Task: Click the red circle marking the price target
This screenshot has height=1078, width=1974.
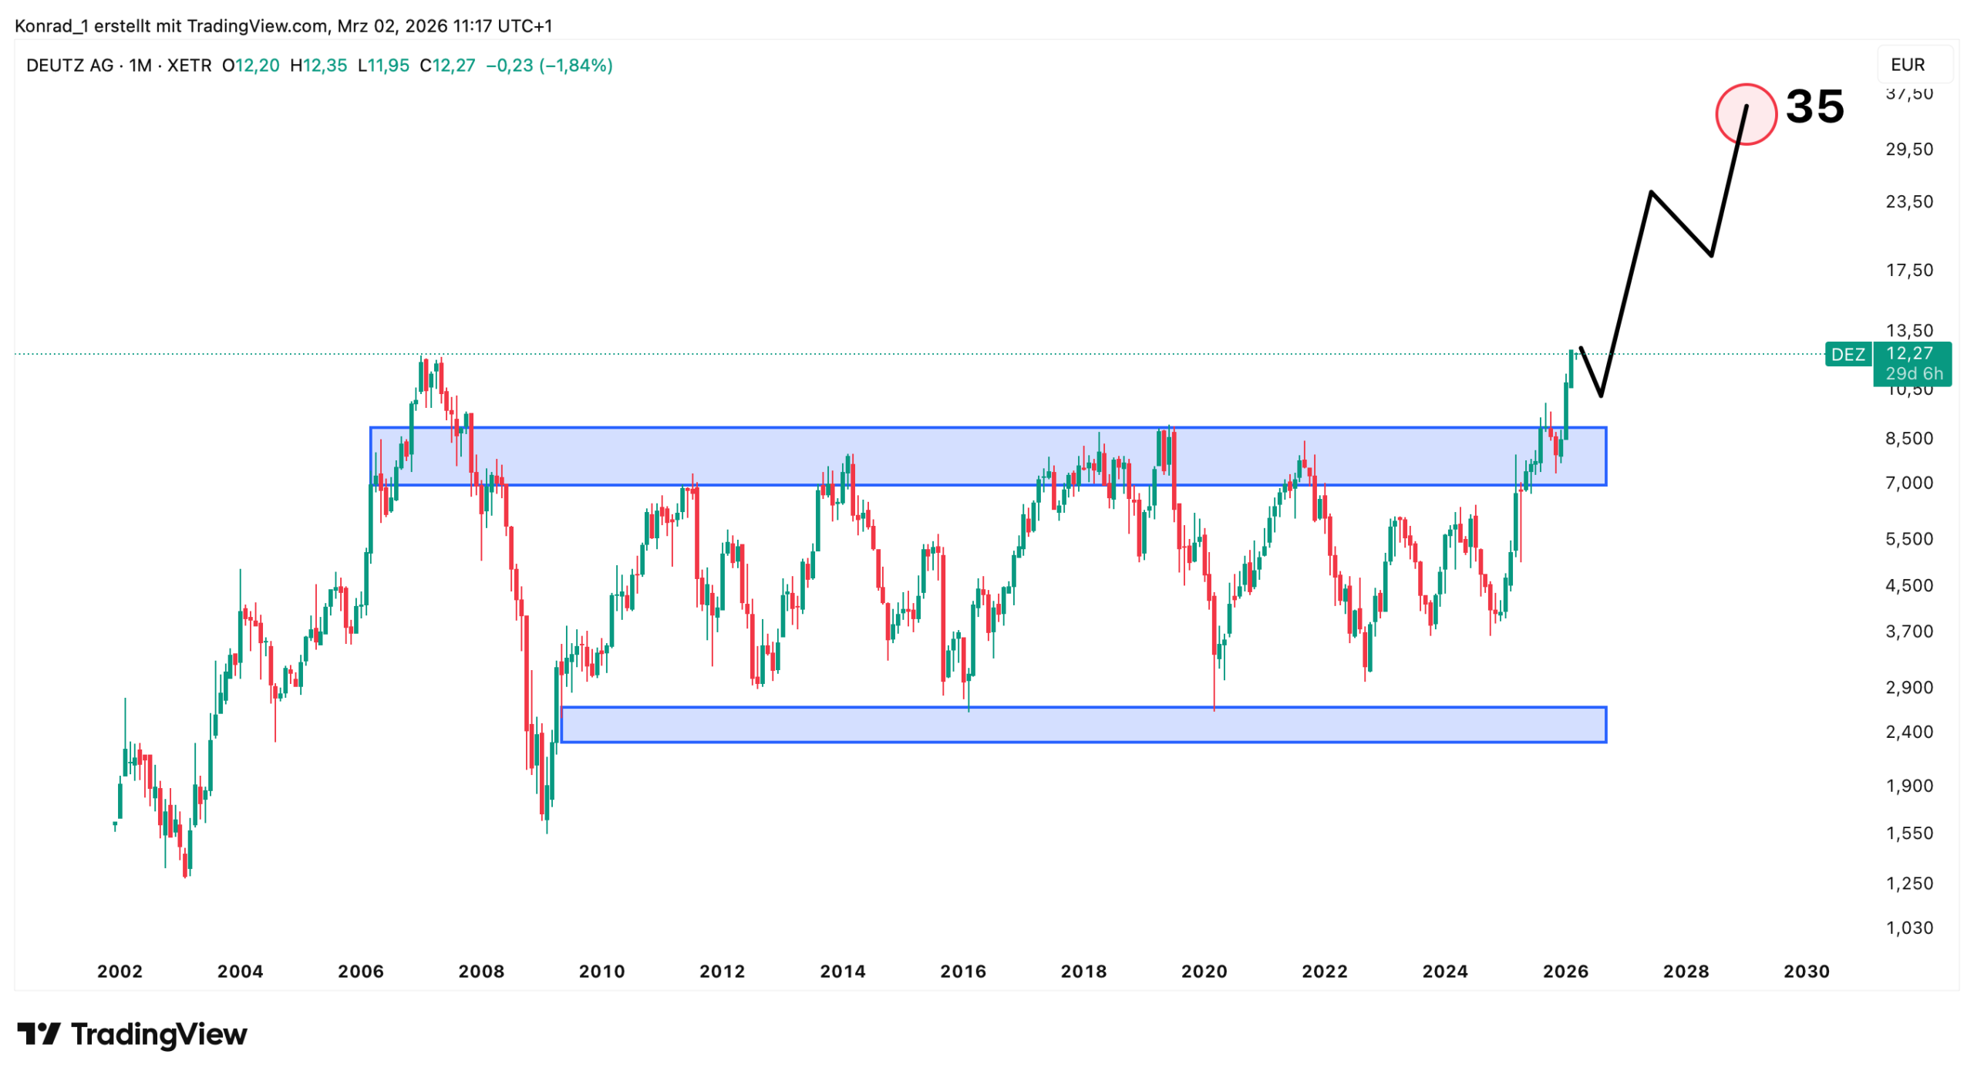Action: click(1745, 114)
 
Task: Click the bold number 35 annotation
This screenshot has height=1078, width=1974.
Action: click(1814, 106)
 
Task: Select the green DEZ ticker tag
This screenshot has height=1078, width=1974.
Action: click(1848, 354)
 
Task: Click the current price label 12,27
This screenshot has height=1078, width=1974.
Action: click(1909, 353)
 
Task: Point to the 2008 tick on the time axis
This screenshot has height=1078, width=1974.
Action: click(481, 971)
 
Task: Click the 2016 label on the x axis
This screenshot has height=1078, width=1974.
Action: click(962, 971)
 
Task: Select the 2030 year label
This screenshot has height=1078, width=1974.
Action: click(1806, 971)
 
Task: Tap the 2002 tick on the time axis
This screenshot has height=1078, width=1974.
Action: click(120, 971)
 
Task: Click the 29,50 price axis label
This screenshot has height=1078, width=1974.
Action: click(1909, 149)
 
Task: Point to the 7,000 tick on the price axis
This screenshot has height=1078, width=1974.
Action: click(1909, 483)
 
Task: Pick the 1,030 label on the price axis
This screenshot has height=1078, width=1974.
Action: click(1909, 928)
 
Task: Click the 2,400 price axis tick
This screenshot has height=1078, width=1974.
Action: click(1909, 731)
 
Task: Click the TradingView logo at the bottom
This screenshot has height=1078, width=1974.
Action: click(132, 1034)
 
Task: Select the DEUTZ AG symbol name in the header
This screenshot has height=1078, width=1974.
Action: click(69, 66)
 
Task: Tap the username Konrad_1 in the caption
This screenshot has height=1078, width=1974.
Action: click(51, 26)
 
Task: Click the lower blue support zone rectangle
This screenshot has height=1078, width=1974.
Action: click(1083, 725)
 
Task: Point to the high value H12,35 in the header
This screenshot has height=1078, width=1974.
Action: click(318, 66)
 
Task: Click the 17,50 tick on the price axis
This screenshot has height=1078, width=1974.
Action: click(1909, 270)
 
